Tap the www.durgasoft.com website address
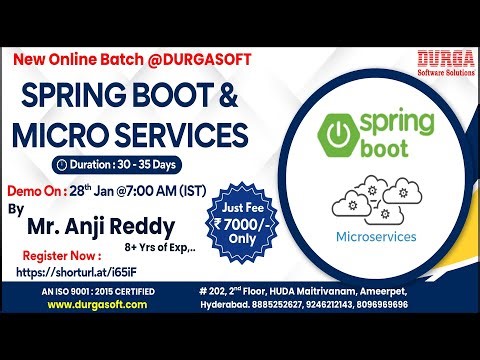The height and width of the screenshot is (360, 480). pos(105,304)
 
